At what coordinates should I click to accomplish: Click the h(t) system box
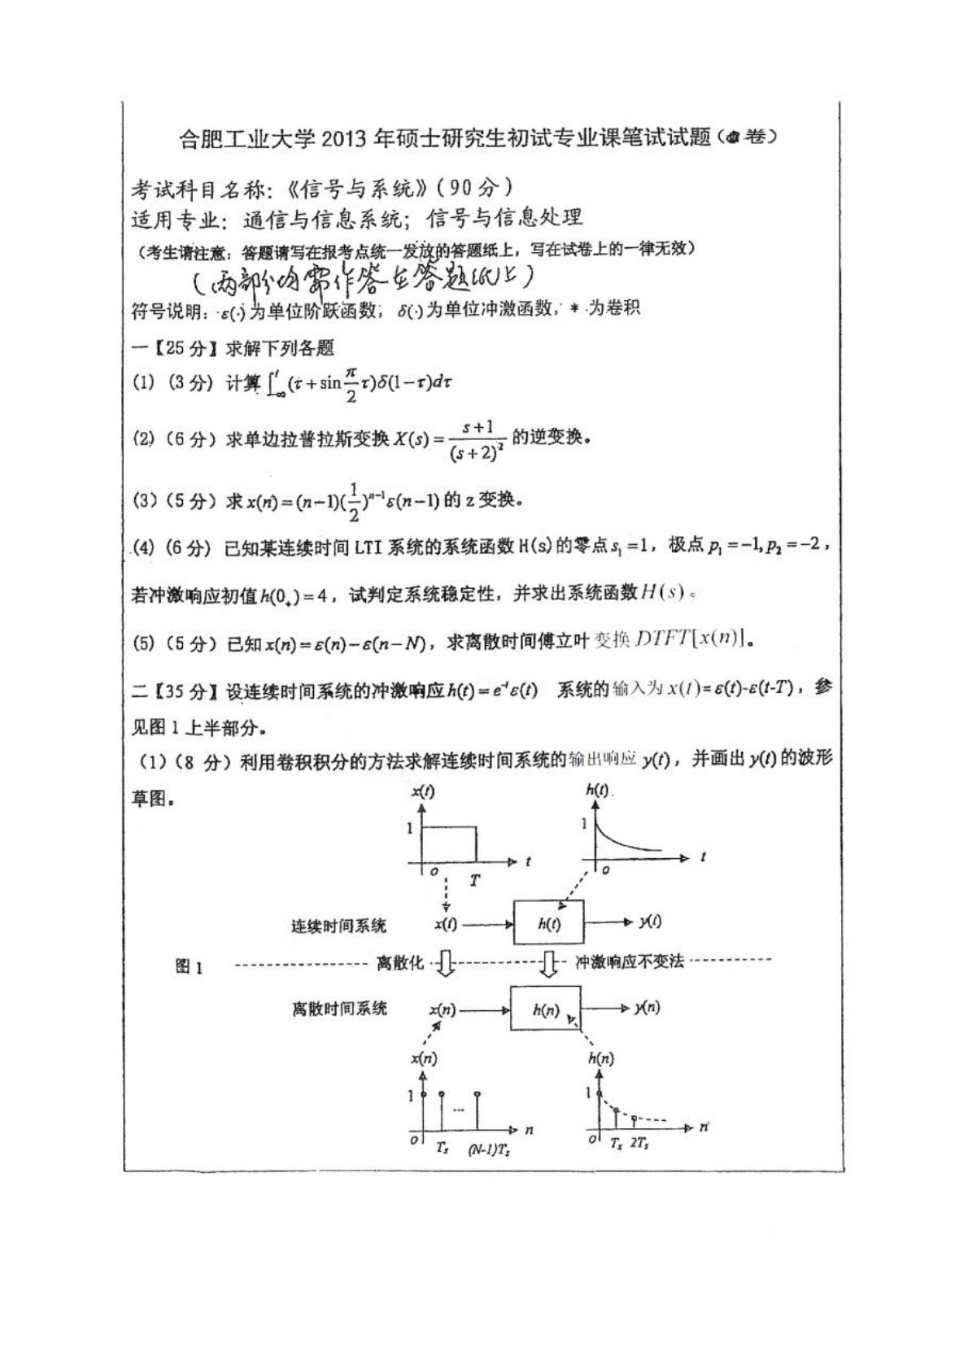point(548,922)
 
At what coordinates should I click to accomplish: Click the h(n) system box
point(545,1009)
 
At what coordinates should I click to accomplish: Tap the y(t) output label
point(650,922)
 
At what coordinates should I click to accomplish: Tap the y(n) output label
point(648,1008)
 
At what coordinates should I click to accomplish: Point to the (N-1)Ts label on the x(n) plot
point(489,1151)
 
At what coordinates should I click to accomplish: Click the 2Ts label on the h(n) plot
point(639,1143)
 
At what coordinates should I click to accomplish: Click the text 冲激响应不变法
point(629,961)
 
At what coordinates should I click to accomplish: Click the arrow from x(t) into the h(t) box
point(487,923)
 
